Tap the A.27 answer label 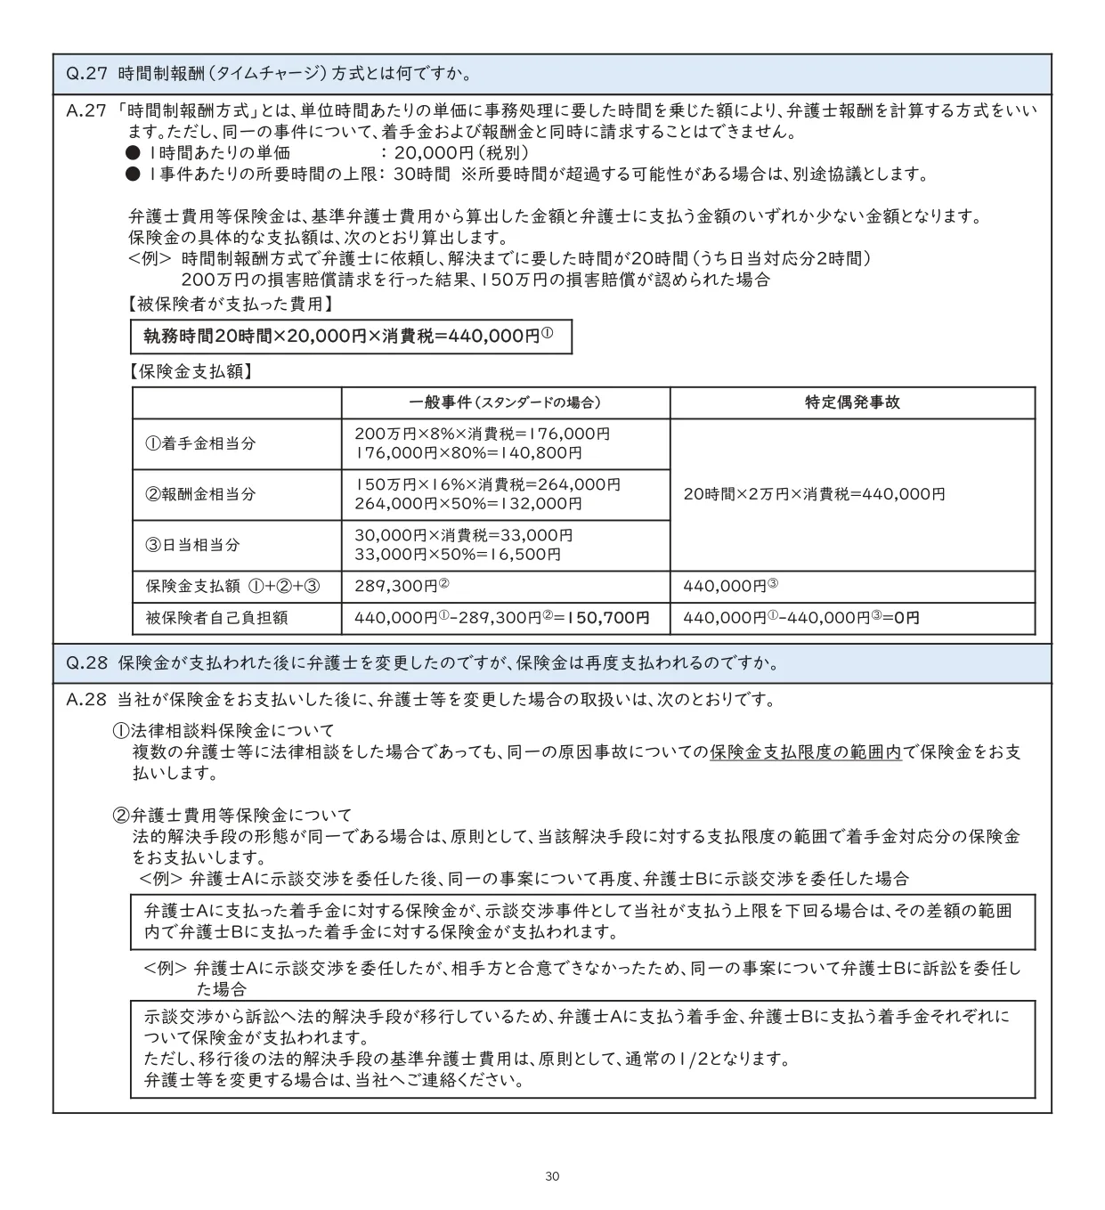[86, 111]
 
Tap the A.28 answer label [86, 700]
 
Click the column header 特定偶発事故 [852, 402]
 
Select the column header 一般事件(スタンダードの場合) [505, 402]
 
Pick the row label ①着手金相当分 [200, 443]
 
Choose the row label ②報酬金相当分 [200, 494]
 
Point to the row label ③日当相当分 [193, 545]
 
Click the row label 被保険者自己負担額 [216, 618]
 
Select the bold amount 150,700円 [614, 618]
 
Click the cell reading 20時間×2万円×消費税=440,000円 [814, 494]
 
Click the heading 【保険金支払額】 [190, 371]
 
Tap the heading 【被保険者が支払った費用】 [231, 305]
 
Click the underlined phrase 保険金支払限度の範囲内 [806, 752]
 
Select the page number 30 [552, 1177]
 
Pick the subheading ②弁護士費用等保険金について [232, 815]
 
